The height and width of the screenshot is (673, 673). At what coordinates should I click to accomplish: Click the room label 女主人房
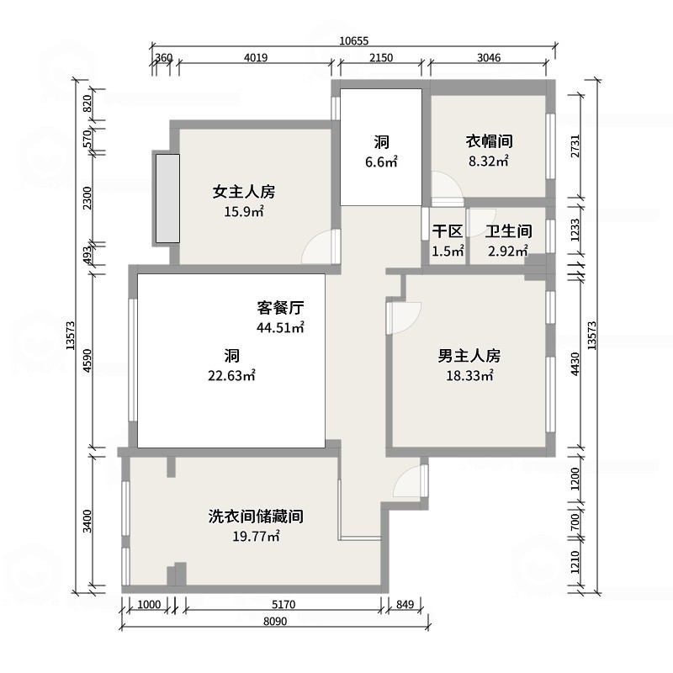click(x=244, y=192)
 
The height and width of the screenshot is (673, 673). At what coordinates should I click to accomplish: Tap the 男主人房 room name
click(x=469, y=356)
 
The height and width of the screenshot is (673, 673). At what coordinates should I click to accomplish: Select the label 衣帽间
click(x=490, y=140)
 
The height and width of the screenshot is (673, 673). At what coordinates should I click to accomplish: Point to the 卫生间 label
click(x=509, y=231)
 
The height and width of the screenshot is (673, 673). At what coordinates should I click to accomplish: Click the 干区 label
click(x=448, y=231)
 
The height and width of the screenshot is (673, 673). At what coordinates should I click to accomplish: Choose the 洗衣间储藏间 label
click(x=256, y=517)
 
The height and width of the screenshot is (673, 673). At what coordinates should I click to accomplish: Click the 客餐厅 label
click(x=280, y=307)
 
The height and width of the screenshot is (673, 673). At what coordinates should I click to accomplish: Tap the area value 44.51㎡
click(x=280, y=327)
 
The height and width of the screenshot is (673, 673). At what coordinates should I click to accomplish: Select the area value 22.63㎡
click(x=232, y=375)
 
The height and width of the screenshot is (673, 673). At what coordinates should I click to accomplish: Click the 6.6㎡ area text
click(x=381, y=162)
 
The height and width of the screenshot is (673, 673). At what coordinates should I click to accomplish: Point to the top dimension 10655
click(x=353, y=40)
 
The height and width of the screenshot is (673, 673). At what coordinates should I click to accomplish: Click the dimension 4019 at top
click(x=256, y=57)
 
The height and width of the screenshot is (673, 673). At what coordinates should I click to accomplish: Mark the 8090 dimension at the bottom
click(x=275, y=621)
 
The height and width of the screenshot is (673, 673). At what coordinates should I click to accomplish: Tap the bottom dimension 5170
click(x=284, y=604)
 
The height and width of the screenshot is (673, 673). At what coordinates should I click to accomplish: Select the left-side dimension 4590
click(x=87, y=361)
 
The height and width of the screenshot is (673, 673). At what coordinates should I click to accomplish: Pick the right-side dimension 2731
click(x=575, y=146)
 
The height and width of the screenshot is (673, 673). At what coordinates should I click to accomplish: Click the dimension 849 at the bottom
click(x=405, y=604)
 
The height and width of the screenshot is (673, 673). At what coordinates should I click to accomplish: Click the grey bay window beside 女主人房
click(x=167, y=199)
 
